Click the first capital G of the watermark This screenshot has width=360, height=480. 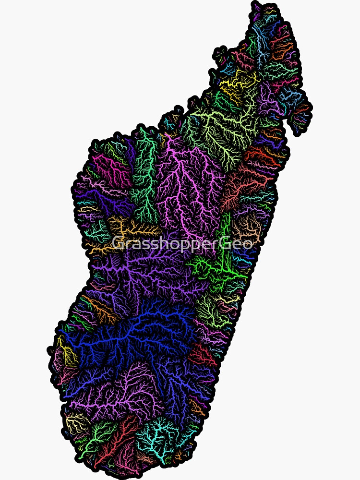coord(118,243)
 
